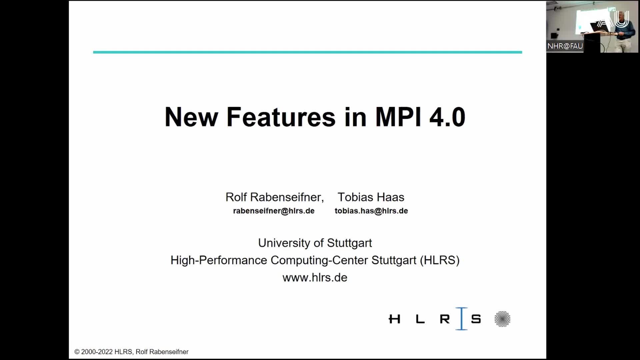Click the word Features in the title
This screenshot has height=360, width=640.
tap(281, 117)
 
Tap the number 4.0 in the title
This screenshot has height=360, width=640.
tap(447, 117)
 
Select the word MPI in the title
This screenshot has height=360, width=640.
tap(398, 117)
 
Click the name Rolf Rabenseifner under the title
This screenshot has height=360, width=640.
tap(274, 197)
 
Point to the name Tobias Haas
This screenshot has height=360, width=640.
tap(371, 197)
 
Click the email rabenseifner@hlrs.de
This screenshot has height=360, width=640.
tap(274, 211)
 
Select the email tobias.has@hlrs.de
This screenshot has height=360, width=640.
tap(371, 211)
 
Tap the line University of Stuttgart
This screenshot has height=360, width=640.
tap(315, 243)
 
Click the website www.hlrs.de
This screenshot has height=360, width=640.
tap(315, 278)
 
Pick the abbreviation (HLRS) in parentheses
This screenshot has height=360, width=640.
tap(439, 260)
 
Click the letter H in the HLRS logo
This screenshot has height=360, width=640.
tap(394, 319)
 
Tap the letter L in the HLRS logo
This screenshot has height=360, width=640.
tap(420, 319)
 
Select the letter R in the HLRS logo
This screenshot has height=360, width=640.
tap(445, 319)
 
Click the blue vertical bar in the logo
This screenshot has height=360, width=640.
tap(462, 319)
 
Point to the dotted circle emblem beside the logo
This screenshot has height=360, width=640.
tap(502, 319)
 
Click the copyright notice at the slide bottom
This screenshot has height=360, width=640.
tap(131, 352)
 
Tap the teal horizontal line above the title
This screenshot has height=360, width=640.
tap(307, 52)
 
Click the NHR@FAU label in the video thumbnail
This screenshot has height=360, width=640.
tap(565, 46)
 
